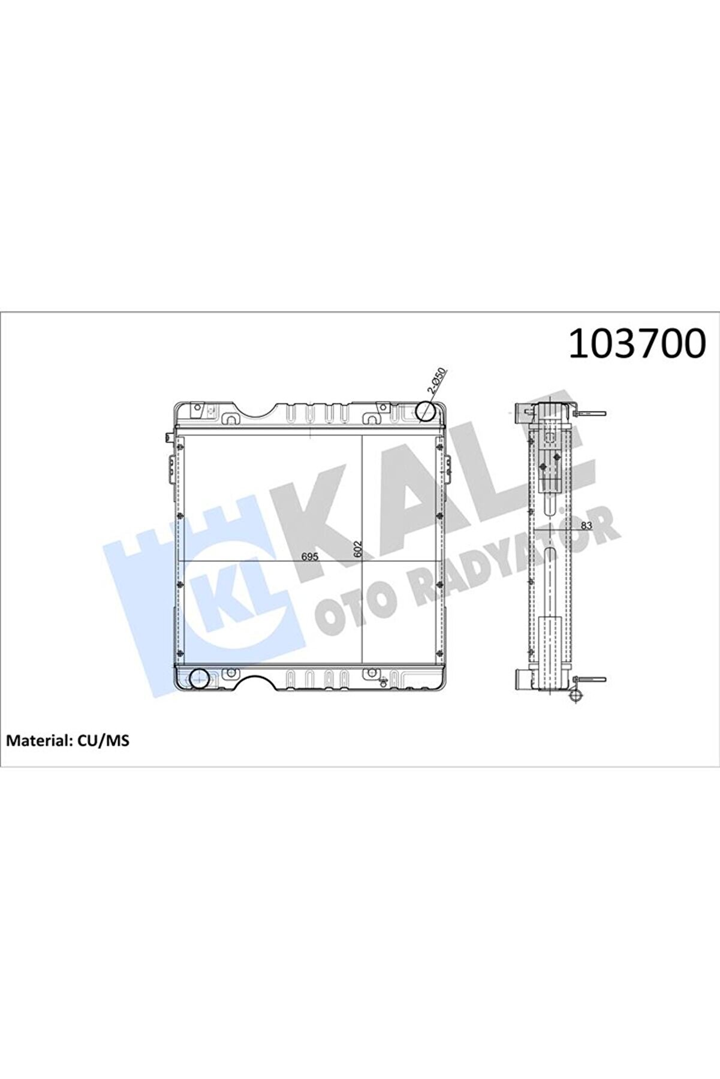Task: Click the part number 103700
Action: pos(636,344)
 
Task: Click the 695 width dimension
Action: pos(309,556)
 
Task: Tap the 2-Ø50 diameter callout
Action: pos(436,380)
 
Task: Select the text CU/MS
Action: pos(103,741)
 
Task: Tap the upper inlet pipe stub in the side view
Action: pos(520,413)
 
